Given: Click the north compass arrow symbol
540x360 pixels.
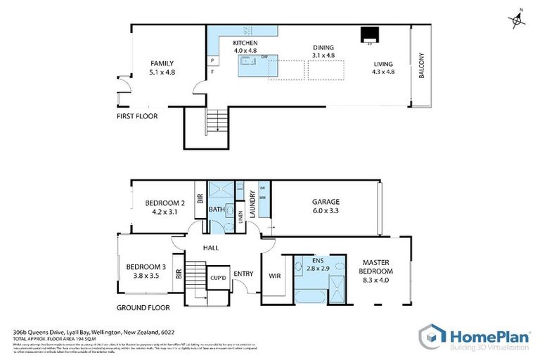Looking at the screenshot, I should pyautogui.click(x=518, y=20).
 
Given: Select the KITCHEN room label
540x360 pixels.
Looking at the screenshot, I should pyautogui.click(x=245, y=43).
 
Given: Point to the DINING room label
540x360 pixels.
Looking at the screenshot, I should pyautogui.click(x=323, y=48).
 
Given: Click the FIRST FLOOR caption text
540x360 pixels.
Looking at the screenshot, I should pyautogui.click(x=137, y=116).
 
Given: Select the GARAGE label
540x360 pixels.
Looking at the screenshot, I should pyautogui.click(x=326, y=202).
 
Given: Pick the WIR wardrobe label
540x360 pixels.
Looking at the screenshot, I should pyautogui.click(x=274, y=276).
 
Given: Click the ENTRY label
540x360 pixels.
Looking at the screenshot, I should pyautogui.click(x=243, y=274).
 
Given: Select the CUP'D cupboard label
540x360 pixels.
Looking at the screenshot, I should pyautogui.click(x=218, y=279).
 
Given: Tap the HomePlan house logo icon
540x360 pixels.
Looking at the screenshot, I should pyautogui.click(x=431, y=335).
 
